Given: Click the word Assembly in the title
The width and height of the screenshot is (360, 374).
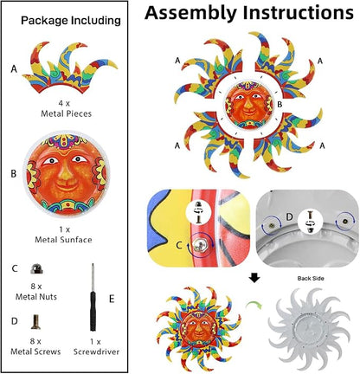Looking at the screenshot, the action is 190,13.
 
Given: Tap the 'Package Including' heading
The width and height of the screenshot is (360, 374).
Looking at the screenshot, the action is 71,21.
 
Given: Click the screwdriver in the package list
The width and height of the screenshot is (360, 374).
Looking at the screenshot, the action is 93,297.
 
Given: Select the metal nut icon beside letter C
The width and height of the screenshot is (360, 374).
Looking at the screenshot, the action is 37,268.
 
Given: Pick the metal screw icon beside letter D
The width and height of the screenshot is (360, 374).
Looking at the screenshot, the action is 35,322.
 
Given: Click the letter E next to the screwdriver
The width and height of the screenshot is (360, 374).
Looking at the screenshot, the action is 112,299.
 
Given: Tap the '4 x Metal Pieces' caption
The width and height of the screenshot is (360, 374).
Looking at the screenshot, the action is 66,108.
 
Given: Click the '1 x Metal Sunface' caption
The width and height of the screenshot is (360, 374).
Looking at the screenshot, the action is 63,235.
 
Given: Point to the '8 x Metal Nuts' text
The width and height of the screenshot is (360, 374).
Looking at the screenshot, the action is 36,292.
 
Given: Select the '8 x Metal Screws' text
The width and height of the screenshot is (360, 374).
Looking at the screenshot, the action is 35,346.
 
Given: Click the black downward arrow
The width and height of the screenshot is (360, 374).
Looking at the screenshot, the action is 254,278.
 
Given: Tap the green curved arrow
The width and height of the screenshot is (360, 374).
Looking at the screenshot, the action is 254,304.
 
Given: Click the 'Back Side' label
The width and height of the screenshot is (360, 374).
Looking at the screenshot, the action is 311,279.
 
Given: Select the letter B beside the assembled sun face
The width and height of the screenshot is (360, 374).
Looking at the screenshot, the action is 280,104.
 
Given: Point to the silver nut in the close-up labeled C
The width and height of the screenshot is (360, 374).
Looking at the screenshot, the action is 198,245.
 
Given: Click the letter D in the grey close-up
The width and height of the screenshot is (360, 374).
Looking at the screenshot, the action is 289,217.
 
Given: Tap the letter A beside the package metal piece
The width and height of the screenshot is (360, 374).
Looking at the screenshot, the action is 14,69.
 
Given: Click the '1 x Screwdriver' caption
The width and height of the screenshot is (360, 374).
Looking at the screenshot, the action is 96,346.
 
